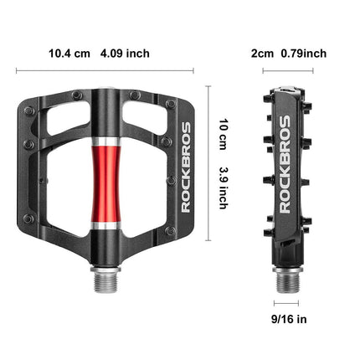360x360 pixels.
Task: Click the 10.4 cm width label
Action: pos(69,54)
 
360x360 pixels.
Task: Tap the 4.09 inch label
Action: pos(125,54)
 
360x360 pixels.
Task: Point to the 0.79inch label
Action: pos(303,54)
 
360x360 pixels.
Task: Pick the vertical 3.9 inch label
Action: pos(224,186)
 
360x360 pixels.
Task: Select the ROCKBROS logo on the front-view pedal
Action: pos(186,167)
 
